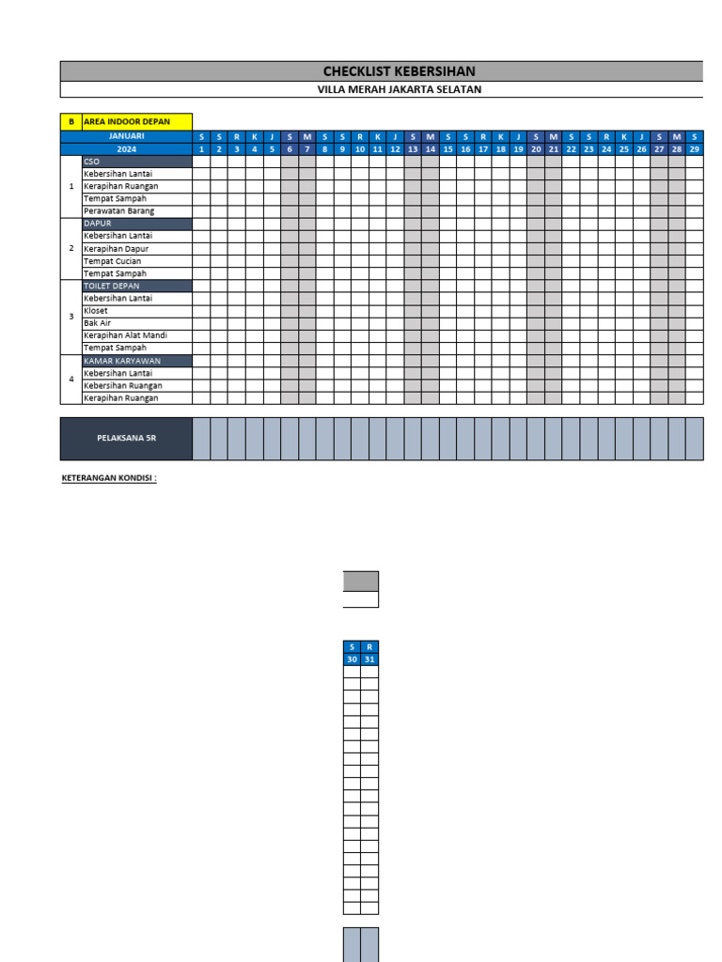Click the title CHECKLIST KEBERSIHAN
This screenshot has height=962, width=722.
click(x=399, y=71)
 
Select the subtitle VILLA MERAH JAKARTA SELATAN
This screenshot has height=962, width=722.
click(x=399, y=90)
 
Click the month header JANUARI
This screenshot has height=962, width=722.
click(x=126, y=136)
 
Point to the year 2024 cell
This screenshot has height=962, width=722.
click(x=126, y=149)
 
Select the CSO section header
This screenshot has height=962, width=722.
click(x=137, y=162)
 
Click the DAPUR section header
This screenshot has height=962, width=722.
click(x=137, y=224)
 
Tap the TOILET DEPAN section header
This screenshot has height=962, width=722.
click(x=137, y=286)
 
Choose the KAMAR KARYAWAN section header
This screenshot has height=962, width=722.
click(x=137, y=361)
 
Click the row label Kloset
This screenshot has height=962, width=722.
click(x=96, y=311)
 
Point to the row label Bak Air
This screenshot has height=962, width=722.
click(x=98, y=323)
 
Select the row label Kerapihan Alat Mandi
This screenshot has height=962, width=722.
click(x=125, y=335)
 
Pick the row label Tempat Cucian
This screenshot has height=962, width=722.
click(x=113, y=261)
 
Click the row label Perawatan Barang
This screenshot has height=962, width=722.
click(x=118, y=211)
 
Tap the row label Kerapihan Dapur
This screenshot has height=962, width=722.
click(x=117, y=249)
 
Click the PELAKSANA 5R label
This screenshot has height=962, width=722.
click(x=126, y=439)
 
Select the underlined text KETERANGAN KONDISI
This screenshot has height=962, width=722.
click(x=109, y=478)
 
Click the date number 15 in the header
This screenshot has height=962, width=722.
click(x=447, y=149)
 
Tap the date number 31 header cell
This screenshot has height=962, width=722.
click(x=369, y=659)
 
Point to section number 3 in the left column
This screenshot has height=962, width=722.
click(x=71, y=317)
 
